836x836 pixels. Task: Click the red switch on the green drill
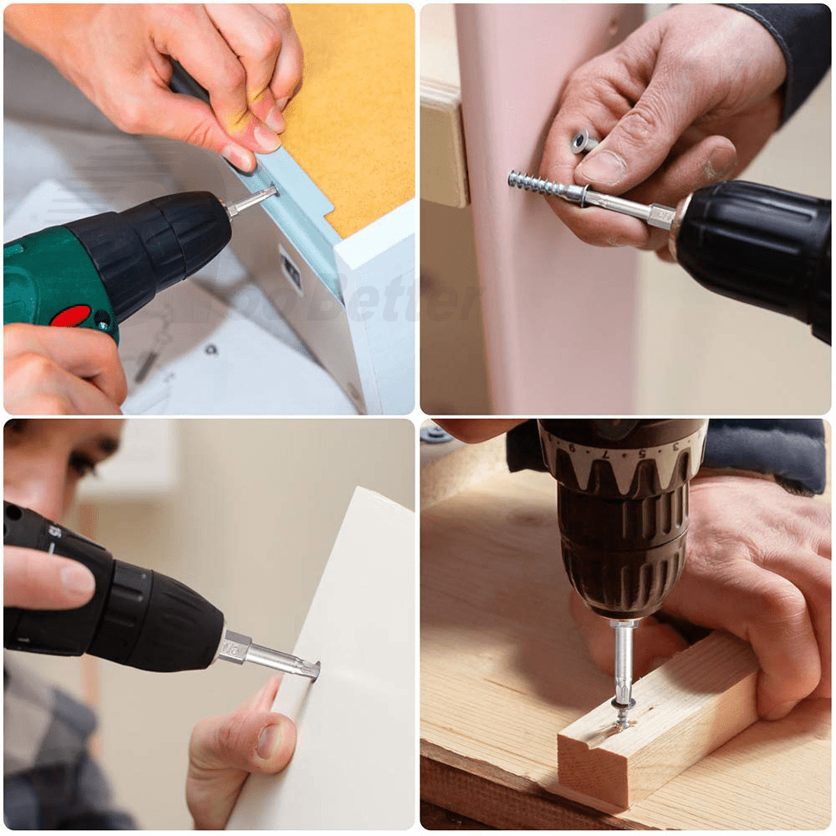[x=71, y=315]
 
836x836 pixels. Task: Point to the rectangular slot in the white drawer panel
[x=291, y=269]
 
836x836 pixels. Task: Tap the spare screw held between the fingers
[x=583, y=142]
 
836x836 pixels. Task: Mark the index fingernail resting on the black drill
[x=77, y=579]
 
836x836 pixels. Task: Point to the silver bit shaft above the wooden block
[x=623, y=660]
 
